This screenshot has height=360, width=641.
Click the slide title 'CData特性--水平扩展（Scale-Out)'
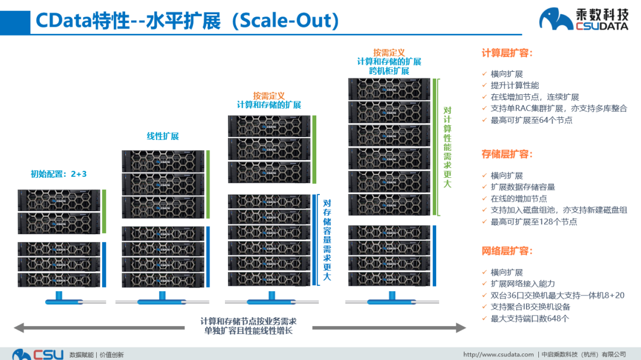[187, 21]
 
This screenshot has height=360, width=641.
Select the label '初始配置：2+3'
[59, 174]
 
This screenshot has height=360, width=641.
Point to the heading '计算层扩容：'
[507, 53]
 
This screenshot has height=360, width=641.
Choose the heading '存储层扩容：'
[507, 154]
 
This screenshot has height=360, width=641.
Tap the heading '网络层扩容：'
[507, 251]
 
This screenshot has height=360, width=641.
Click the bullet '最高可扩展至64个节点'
[531, 120]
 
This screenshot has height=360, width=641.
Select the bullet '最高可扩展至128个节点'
[534, 222]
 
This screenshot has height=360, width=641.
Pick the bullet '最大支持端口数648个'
[529, 318]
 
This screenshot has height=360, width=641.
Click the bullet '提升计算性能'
[515, 85]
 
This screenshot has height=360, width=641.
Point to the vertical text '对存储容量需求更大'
[327, 241]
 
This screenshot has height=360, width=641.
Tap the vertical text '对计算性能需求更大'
[448, 147]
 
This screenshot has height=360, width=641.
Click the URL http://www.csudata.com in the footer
[498, 354]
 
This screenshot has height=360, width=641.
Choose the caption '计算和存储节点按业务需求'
[248, 321]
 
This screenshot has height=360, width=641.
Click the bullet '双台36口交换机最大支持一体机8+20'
[557, 295]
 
